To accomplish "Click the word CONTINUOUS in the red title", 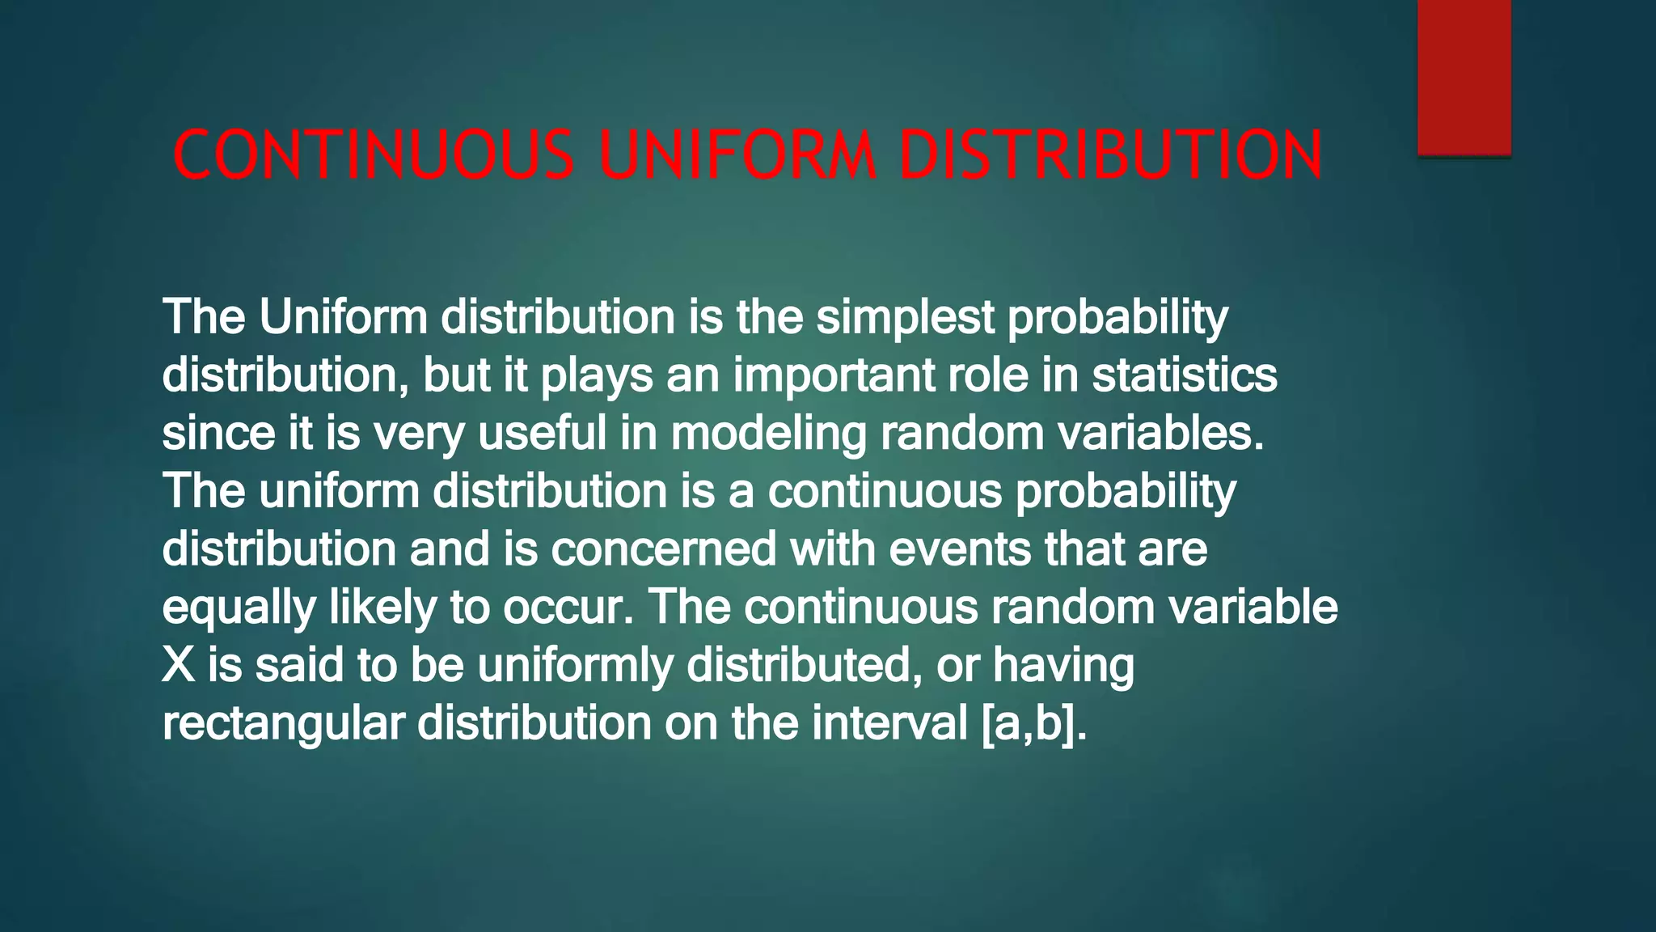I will [x=374, y=155].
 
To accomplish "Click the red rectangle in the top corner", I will [x=1464, y=77].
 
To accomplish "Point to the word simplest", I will [x=905, y=317].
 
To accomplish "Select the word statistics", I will [x=1185, y=375].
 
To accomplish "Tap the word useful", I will [x=542, y=433].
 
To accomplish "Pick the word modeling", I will [x=768, y=434].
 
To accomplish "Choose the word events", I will [x=960, y=549].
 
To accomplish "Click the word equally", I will [x=239, y=608].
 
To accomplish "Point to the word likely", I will [x=382, y=607].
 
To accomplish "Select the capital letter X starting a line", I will [x=179, y=665].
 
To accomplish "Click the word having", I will [x=1063, y=666].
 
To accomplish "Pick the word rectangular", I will [x=283, y=724].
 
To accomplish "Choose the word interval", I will [x=889, y=722].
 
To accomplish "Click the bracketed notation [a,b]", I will [x=1031, y=724].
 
